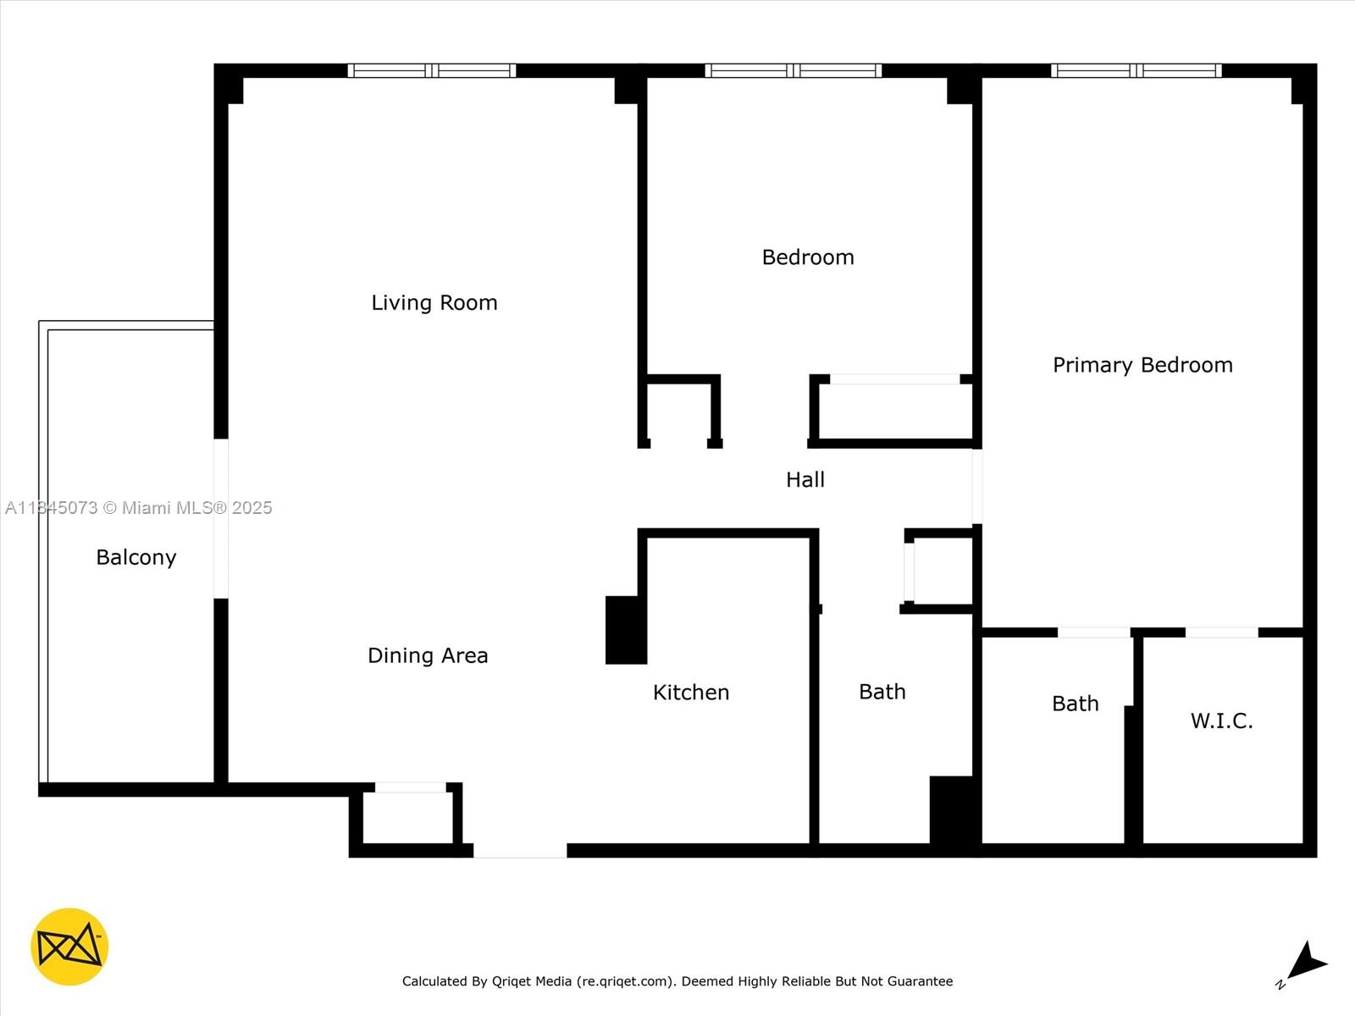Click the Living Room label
434,302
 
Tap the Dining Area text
428,655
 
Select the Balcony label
136,557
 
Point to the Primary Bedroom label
1142,365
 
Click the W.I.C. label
1221,721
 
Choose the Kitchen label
691,693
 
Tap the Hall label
805,480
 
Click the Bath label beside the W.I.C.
1075,704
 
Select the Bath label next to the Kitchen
882,692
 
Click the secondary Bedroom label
808,257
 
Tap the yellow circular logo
69,947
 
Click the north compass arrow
1305,963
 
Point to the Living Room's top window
432,70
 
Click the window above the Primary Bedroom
1136,70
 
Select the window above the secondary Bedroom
793,70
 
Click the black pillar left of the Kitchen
626,630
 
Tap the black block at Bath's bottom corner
954,809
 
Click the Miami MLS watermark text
139,508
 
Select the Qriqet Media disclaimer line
677,981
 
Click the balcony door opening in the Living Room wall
221,518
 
